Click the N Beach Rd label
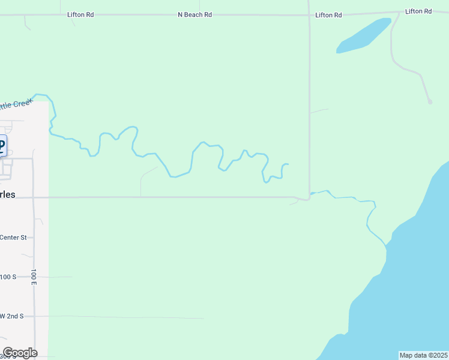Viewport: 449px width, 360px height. [194, 14]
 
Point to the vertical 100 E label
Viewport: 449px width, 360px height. [34, 277]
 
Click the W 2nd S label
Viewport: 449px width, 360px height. [12, 316]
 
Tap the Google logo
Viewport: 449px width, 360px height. [20, 353]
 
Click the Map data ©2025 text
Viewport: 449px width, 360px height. [424, 355]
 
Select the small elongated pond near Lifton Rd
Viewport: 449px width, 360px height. [364, 35]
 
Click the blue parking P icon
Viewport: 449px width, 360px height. [2, 146]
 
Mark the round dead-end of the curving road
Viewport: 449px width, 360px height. [430, 102]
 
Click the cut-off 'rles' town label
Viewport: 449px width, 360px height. [8, 194]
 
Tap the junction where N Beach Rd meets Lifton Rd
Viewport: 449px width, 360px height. [309, 14]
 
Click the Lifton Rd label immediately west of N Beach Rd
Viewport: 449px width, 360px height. [80, 14]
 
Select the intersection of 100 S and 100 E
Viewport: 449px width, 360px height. [34, 277]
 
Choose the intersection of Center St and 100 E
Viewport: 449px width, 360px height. [34, 238]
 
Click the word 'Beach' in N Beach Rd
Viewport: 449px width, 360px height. [195, 14]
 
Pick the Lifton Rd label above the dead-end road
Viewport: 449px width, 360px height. [418, 11]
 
